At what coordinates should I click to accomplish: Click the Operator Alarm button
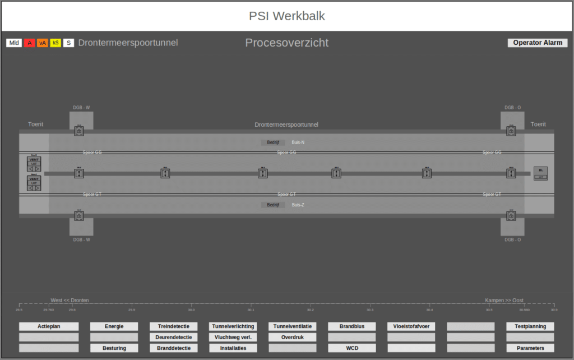pyautogui.click(x=538, y=43)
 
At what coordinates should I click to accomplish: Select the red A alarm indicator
pyautogui.click(x=29, y=43)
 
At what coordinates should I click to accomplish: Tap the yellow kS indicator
pyautogui.click(x=55, y=43)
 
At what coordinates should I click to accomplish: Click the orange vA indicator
pyautogui.click(x=43, y=43)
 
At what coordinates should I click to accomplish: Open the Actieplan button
pyautogui.click(x=49, y=326)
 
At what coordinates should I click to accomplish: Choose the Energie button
pyautogui.click(x=114, y=326)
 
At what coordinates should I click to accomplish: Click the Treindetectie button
pyautogui.click(x=174, y=326)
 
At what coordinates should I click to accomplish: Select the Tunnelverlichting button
pyautogui.click(x=233, y=326)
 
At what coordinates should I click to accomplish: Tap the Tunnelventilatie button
pyautogui.click(x=293, y=326)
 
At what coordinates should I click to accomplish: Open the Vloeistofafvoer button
pyautogui.click(x=411, y=326)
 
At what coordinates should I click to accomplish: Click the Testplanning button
pyautogui.click(x=530, y=326)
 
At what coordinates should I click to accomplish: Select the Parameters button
pyautogui.click(x=530, y=348)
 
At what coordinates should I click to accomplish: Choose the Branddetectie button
pyautogui.click(x=174, y=348)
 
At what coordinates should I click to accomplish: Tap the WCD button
pyautogui.click(x=352, y=348)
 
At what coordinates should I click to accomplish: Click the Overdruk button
pyautogui.click(x=293, y=338)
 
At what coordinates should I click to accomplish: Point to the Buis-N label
pyautogui.click(x=298, y=142)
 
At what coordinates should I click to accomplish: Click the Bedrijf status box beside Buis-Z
pyautogui.click(x=273, y=205)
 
